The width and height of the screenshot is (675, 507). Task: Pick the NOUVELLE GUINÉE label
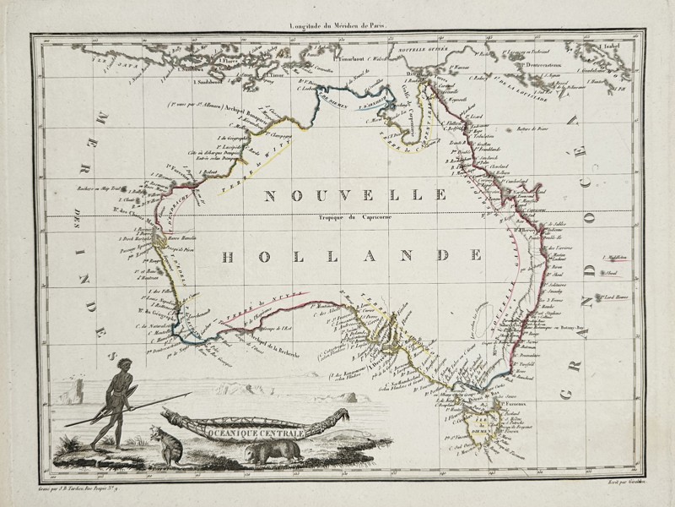422,59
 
